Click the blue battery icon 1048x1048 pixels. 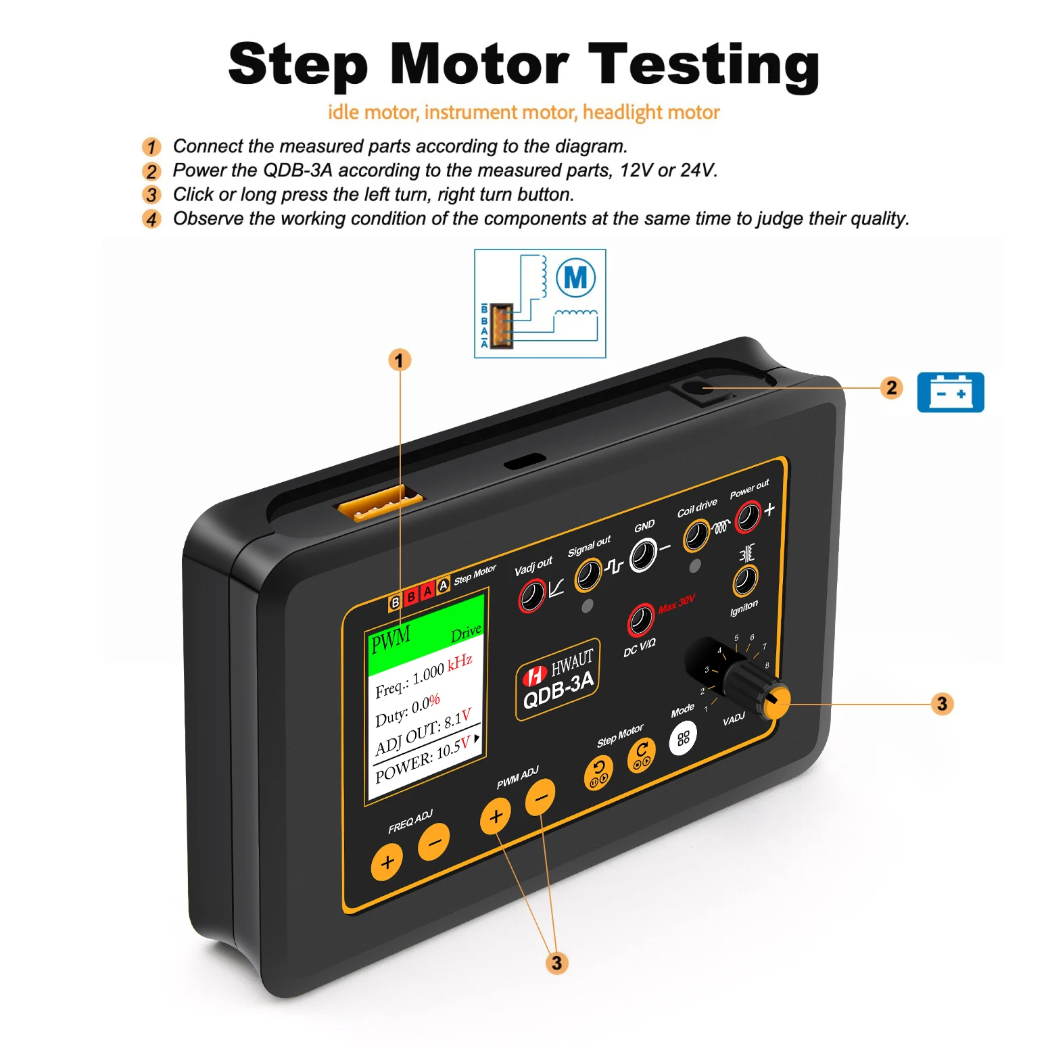(950, 392)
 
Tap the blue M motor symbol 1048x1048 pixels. (575, 277)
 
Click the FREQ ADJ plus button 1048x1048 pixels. (387, 862)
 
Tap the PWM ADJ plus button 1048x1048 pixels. (496, 816)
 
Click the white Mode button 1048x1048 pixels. (683, 738)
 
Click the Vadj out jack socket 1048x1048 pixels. (531, 596)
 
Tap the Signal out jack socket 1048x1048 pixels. (588, 575)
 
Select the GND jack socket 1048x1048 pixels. (643, 555)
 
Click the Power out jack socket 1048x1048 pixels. (748, 517)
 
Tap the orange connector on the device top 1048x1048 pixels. (379, 504)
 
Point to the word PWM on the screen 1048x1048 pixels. (390, 639)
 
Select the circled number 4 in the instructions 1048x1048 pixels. (151, 219)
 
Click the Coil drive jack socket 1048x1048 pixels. (696, 536)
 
